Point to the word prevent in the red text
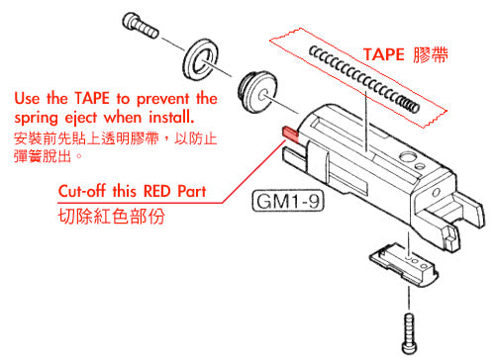(158, 99)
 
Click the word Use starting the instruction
(26, 99)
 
